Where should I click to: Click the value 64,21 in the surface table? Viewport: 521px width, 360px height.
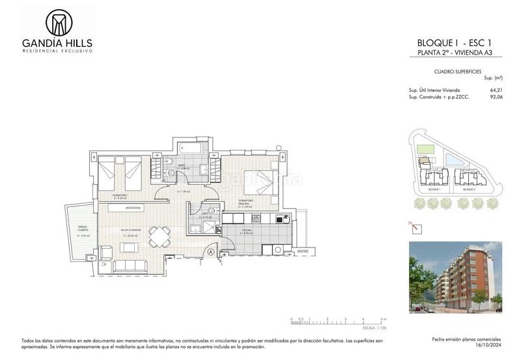[x=497, y=90]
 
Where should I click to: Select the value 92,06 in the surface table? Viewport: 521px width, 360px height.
[x=497, y=96]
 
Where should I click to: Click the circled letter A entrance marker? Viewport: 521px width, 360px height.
[x=211, y=251]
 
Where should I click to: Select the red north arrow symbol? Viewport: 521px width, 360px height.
[x=415, y=228]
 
